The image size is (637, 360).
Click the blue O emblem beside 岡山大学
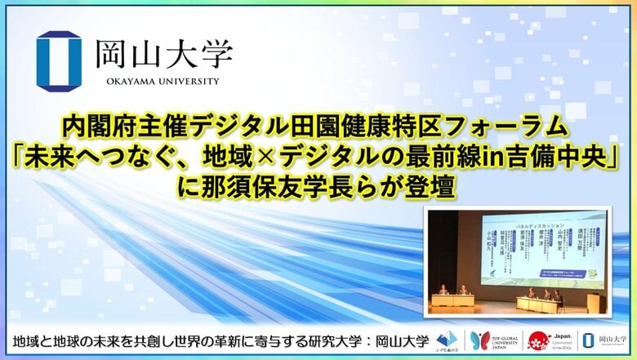click(x=60, y=60)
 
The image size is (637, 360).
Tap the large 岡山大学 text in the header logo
click(x=164, y=56)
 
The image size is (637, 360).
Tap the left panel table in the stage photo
click(x=454, y=300)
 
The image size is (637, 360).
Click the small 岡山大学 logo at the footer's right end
click(x=604, y=340)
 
